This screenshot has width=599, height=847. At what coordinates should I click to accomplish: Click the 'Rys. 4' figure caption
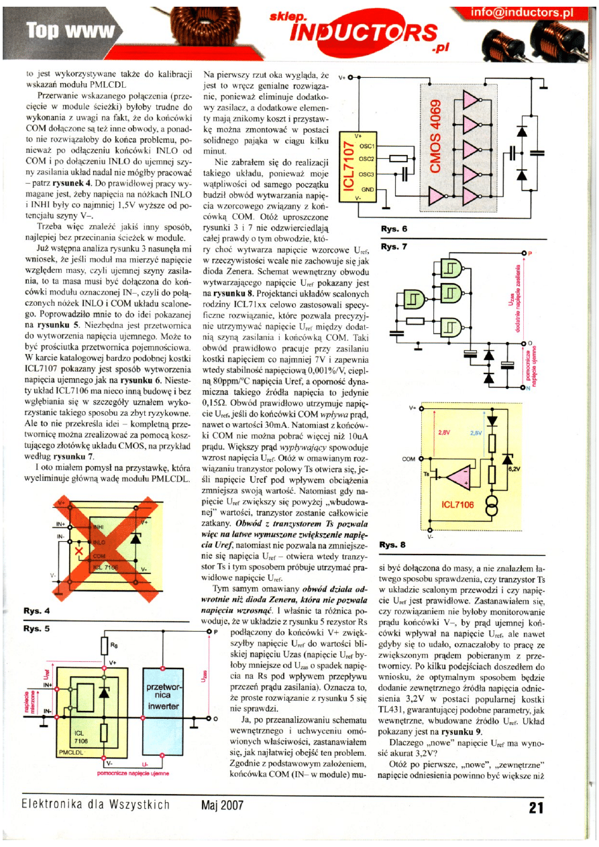coord(37,611)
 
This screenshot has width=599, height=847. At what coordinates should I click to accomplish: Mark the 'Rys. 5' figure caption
coord(37,629)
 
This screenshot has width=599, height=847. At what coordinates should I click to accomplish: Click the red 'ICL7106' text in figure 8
coord(457,503)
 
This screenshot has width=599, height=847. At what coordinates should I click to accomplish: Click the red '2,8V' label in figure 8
coord(443,433)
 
